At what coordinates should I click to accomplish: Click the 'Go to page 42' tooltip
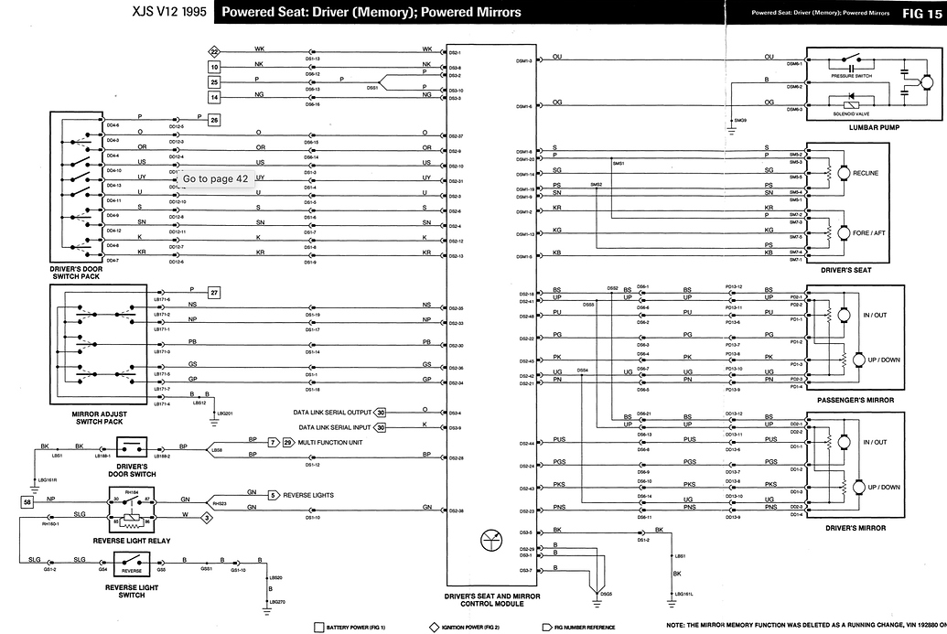tap(216, 178)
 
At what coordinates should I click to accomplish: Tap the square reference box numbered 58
tap(27, 502)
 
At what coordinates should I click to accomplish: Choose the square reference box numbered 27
tap(214, 293)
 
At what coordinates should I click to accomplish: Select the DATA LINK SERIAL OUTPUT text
tap(332, 413)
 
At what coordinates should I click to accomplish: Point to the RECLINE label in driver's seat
tap(865, 173)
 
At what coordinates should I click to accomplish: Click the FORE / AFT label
tap(866, 232)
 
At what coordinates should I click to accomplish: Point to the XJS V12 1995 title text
tap(163, 12)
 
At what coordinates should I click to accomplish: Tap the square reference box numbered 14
tap(214, 96)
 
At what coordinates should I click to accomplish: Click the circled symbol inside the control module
tap(490, 541)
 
